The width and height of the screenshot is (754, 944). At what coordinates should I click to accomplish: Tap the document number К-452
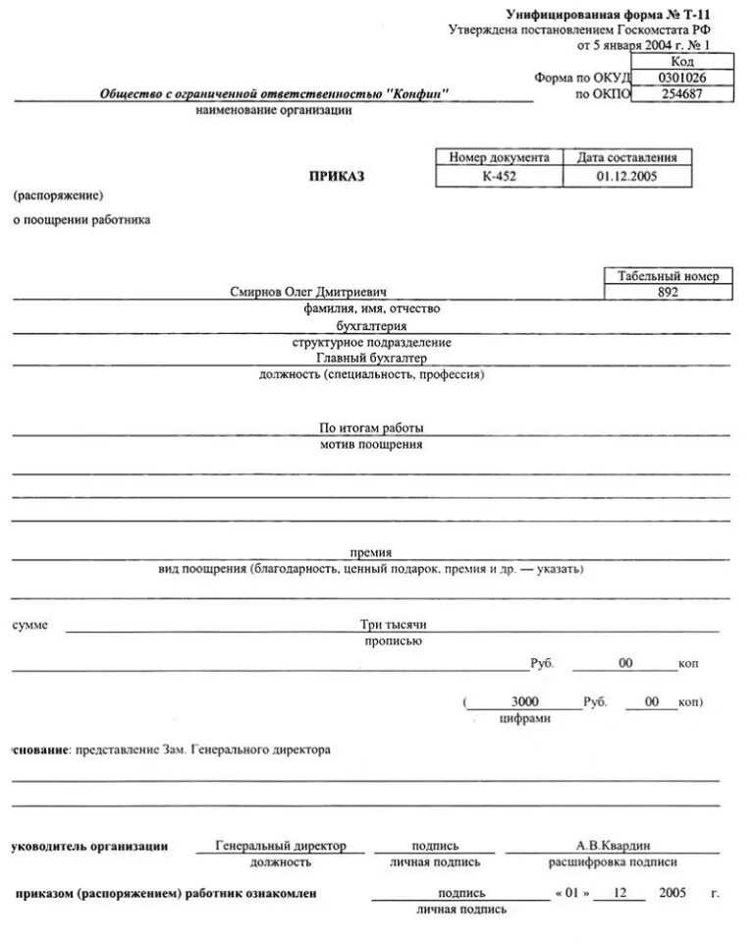pos(499,177)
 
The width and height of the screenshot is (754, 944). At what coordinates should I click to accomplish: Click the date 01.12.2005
pos(626,177)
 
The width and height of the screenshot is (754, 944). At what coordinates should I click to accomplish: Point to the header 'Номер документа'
pos(499,157)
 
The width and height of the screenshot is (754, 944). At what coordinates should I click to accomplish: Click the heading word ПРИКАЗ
pos(337,176)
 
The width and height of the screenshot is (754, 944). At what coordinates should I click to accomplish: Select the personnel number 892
pos(669,293)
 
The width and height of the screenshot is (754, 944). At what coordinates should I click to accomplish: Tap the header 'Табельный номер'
pos(669,276)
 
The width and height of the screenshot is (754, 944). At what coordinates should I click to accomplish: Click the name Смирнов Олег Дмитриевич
pos(309,293)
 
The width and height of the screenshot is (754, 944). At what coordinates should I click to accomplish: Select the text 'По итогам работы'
pos(371,428)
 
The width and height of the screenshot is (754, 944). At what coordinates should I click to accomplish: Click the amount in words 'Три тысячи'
pos(393,624)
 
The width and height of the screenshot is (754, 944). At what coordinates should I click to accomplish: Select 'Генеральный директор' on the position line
pos(280,846)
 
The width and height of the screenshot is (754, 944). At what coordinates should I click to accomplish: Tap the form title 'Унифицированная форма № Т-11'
pos(607,15)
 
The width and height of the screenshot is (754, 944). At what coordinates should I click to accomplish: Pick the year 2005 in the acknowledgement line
pos(673,894)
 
